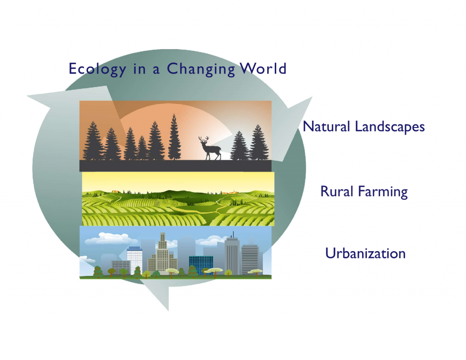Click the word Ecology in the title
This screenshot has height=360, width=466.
[97, 69]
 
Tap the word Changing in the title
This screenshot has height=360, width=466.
[201, 69]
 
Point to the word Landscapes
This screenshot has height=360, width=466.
[390, 127]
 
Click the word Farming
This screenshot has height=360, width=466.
[383, 192]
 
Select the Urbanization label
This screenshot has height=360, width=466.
[365, 254]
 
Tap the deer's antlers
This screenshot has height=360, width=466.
[203, 139]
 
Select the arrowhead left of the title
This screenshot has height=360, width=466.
[68, 98]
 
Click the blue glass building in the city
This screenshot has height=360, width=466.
[201, 264]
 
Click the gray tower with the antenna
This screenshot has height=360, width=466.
[232, 254]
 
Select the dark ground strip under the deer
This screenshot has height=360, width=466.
[175, 166]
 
